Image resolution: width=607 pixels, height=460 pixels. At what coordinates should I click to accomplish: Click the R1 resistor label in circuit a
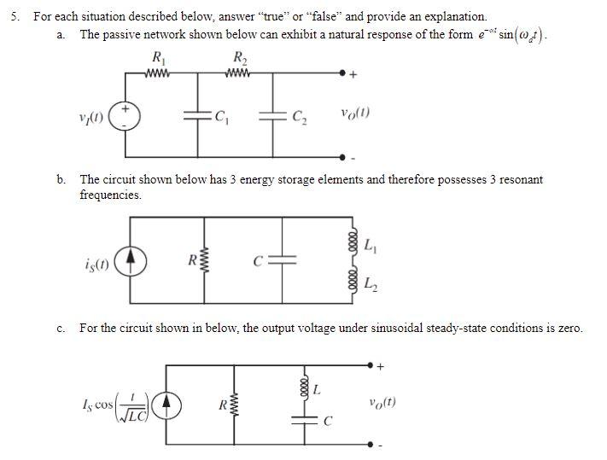[x=158, y=58]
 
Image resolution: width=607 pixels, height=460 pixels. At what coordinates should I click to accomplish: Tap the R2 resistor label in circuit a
[x=240, y=58]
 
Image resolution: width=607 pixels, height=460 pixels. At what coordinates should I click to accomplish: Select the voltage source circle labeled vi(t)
[x=125, y=117]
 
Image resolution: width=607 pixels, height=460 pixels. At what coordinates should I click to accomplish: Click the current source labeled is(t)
[x=129, y=259]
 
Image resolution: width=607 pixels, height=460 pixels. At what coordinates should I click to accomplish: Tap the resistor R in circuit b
[x=204, y=259]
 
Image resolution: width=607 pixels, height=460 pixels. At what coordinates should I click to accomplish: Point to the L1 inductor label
[x=369, y=246]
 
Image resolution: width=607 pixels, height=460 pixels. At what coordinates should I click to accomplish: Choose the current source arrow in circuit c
[x=166, y=403]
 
